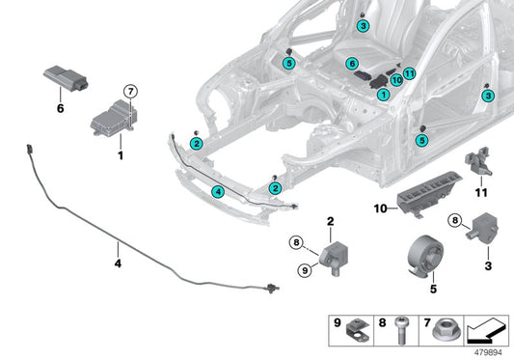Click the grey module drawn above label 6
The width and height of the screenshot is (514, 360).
coord(65,76)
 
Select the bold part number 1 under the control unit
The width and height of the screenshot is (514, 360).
coord(121,154)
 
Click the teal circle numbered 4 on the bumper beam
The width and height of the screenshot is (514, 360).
coord(219,192)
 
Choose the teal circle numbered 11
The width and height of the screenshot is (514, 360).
coord(409,73)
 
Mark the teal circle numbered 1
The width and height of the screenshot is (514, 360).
coord(383,95)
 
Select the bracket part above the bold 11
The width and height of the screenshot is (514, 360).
coord(478,161)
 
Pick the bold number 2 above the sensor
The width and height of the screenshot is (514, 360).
coord(330,222)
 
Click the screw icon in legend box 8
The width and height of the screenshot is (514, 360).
coord(402,330)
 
